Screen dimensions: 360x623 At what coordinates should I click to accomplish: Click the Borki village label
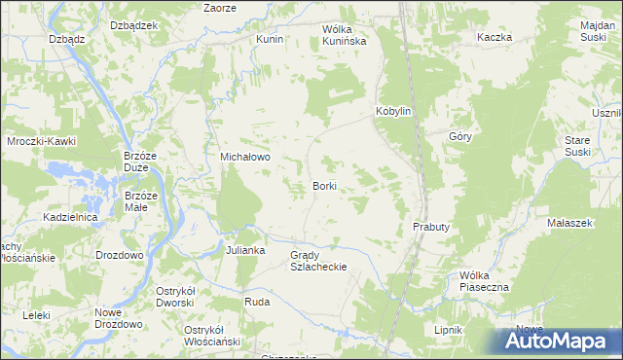click(x=325, y=185)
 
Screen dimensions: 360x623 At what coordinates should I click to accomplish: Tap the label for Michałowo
click(x=244, y=156)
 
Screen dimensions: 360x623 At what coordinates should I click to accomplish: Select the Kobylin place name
click(x=395, y=112)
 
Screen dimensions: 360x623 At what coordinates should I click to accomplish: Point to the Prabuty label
click(x=430, y=227)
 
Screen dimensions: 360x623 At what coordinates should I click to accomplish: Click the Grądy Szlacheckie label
click(x=318, y=260)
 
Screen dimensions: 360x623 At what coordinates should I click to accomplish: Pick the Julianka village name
click(x=245, y=250)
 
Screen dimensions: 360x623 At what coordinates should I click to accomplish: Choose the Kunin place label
click(x=269, y=39)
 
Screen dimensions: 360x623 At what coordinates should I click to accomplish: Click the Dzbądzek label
click(x=134, y=25)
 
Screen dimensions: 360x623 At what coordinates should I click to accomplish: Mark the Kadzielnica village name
click(x=70, y=217)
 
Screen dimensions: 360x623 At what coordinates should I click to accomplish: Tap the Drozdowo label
click(x=120, y=254)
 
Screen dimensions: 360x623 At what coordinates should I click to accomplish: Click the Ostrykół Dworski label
click(x=183, y=296)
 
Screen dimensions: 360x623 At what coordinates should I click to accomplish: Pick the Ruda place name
click(x=257, y=303)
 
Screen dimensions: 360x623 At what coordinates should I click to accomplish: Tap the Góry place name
click(x=460, y=137)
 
